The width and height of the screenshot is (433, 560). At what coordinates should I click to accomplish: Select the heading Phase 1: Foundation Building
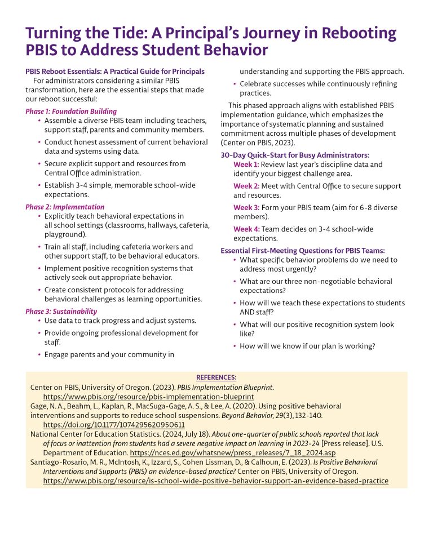(71, 112)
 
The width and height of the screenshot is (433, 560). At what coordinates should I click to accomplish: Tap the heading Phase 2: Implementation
(65, 207)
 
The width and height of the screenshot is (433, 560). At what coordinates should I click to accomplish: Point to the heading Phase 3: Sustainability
(61, 311)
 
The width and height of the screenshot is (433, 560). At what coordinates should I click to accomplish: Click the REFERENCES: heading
(216, 377)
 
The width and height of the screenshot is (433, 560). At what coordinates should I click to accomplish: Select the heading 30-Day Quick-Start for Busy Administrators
(295, 155)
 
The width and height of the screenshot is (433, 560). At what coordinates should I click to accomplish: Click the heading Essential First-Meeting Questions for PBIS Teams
(303, 251)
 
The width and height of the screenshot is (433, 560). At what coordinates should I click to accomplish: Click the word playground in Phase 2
(64, 234)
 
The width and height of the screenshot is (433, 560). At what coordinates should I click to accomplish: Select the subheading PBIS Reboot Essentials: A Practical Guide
(115, 72)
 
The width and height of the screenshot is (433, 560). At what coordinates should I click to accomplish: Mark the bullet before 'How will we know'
(234, 346)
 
